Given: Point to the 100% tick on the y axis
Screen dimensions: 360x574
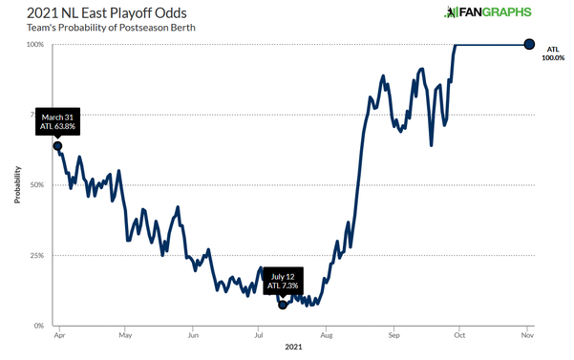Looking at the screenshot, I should [x=35, y=45].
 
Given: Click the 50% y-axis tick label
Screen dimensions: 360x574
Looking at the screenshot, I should [x=37, y=185].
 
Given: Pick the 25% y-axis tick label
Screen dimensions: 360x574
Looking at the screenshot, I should [x=37, y=256].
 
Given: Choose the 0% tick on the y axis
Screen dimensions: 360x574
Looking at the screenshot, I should [x=39, y=326].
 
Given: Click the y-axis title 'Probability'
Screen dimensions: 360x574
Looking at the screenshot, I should [x=17, y=186].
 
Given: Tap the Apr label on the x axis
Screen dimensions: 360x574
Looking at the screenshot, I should [x=59, y=336].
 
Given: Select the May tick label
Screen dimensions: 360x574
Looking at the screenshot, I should [x=125, y=336].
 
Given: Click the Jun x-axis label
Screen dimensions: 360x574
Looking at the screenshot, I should [x=193, y=336].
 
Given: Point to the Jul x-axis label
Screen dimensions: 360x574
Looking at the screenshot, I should [x=259, y=336].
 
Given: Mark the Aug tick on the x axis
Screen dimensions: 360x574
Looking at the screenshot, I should [x=327, y=336].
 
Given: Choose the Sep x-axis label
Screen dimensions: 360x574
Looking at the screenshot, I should [x=393, y=336].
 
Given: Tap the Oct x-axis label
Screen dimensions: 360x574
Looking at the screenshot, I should [x=459, y=336].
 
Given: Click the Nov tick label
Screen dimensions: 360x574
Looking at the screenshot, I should [x=527, y=336].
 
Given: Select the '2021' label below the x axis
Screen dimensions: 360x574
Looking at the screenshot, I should [x=292, y=349].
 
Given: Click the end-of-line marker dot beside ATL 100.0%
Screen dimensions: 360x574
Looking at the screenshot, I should [x=528, y=44].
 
